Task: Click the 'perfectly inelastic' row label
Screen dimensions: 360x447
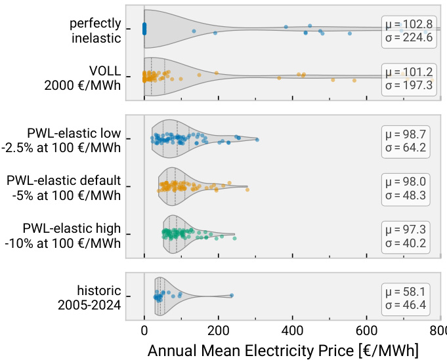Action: tap(96, 30)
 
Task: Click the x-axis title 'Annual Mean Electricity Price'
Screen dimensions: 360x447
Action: tap(282, 350)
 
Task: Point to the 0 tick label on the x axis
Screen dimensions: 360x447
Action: tap(144, 331)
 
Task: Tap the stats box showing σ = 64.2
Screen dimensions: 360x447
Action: tap(406, 140)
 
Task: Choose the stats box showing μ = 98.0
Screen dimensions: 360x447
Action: tap(406, 188)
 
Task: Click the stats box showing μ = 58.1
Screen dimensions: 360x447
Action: tap(406, 298)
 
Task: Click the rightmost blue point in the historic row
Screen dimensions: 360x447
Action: tap(232, 296)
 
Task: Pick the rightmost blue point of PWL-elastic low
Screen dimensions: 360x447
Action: tap(257, 140)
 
